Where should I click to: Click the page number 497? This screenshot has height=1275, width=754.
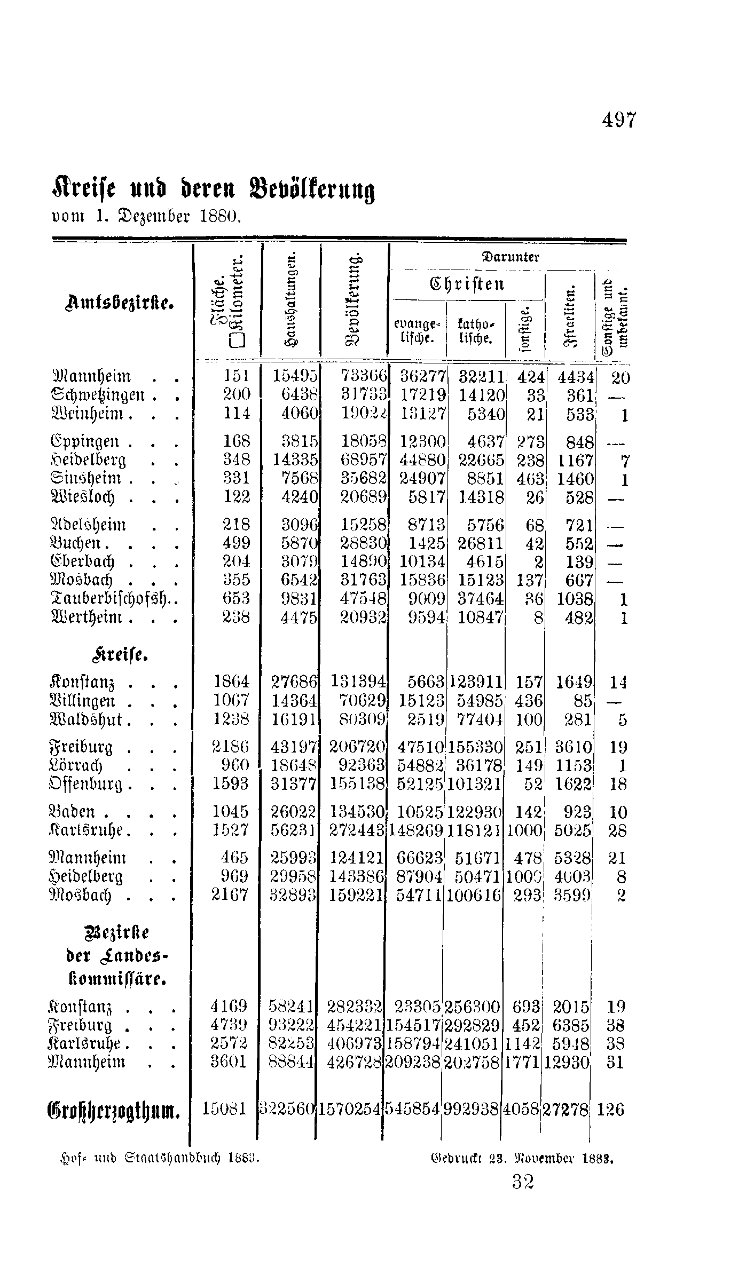619,121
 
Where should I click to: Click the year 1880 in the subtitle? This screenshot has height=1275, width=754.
221,217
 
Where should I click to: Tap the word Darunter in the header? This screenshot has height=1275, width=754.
511,257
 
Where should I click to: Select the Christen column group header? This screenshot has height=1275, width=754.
467,284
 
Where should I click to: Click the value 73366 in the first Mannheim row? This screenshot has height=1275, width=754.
364,377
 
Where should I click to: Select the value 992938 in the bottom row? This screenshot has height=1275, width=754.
471,1110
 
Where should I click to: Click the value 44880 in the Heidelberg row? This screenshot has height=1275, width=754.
422,461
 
